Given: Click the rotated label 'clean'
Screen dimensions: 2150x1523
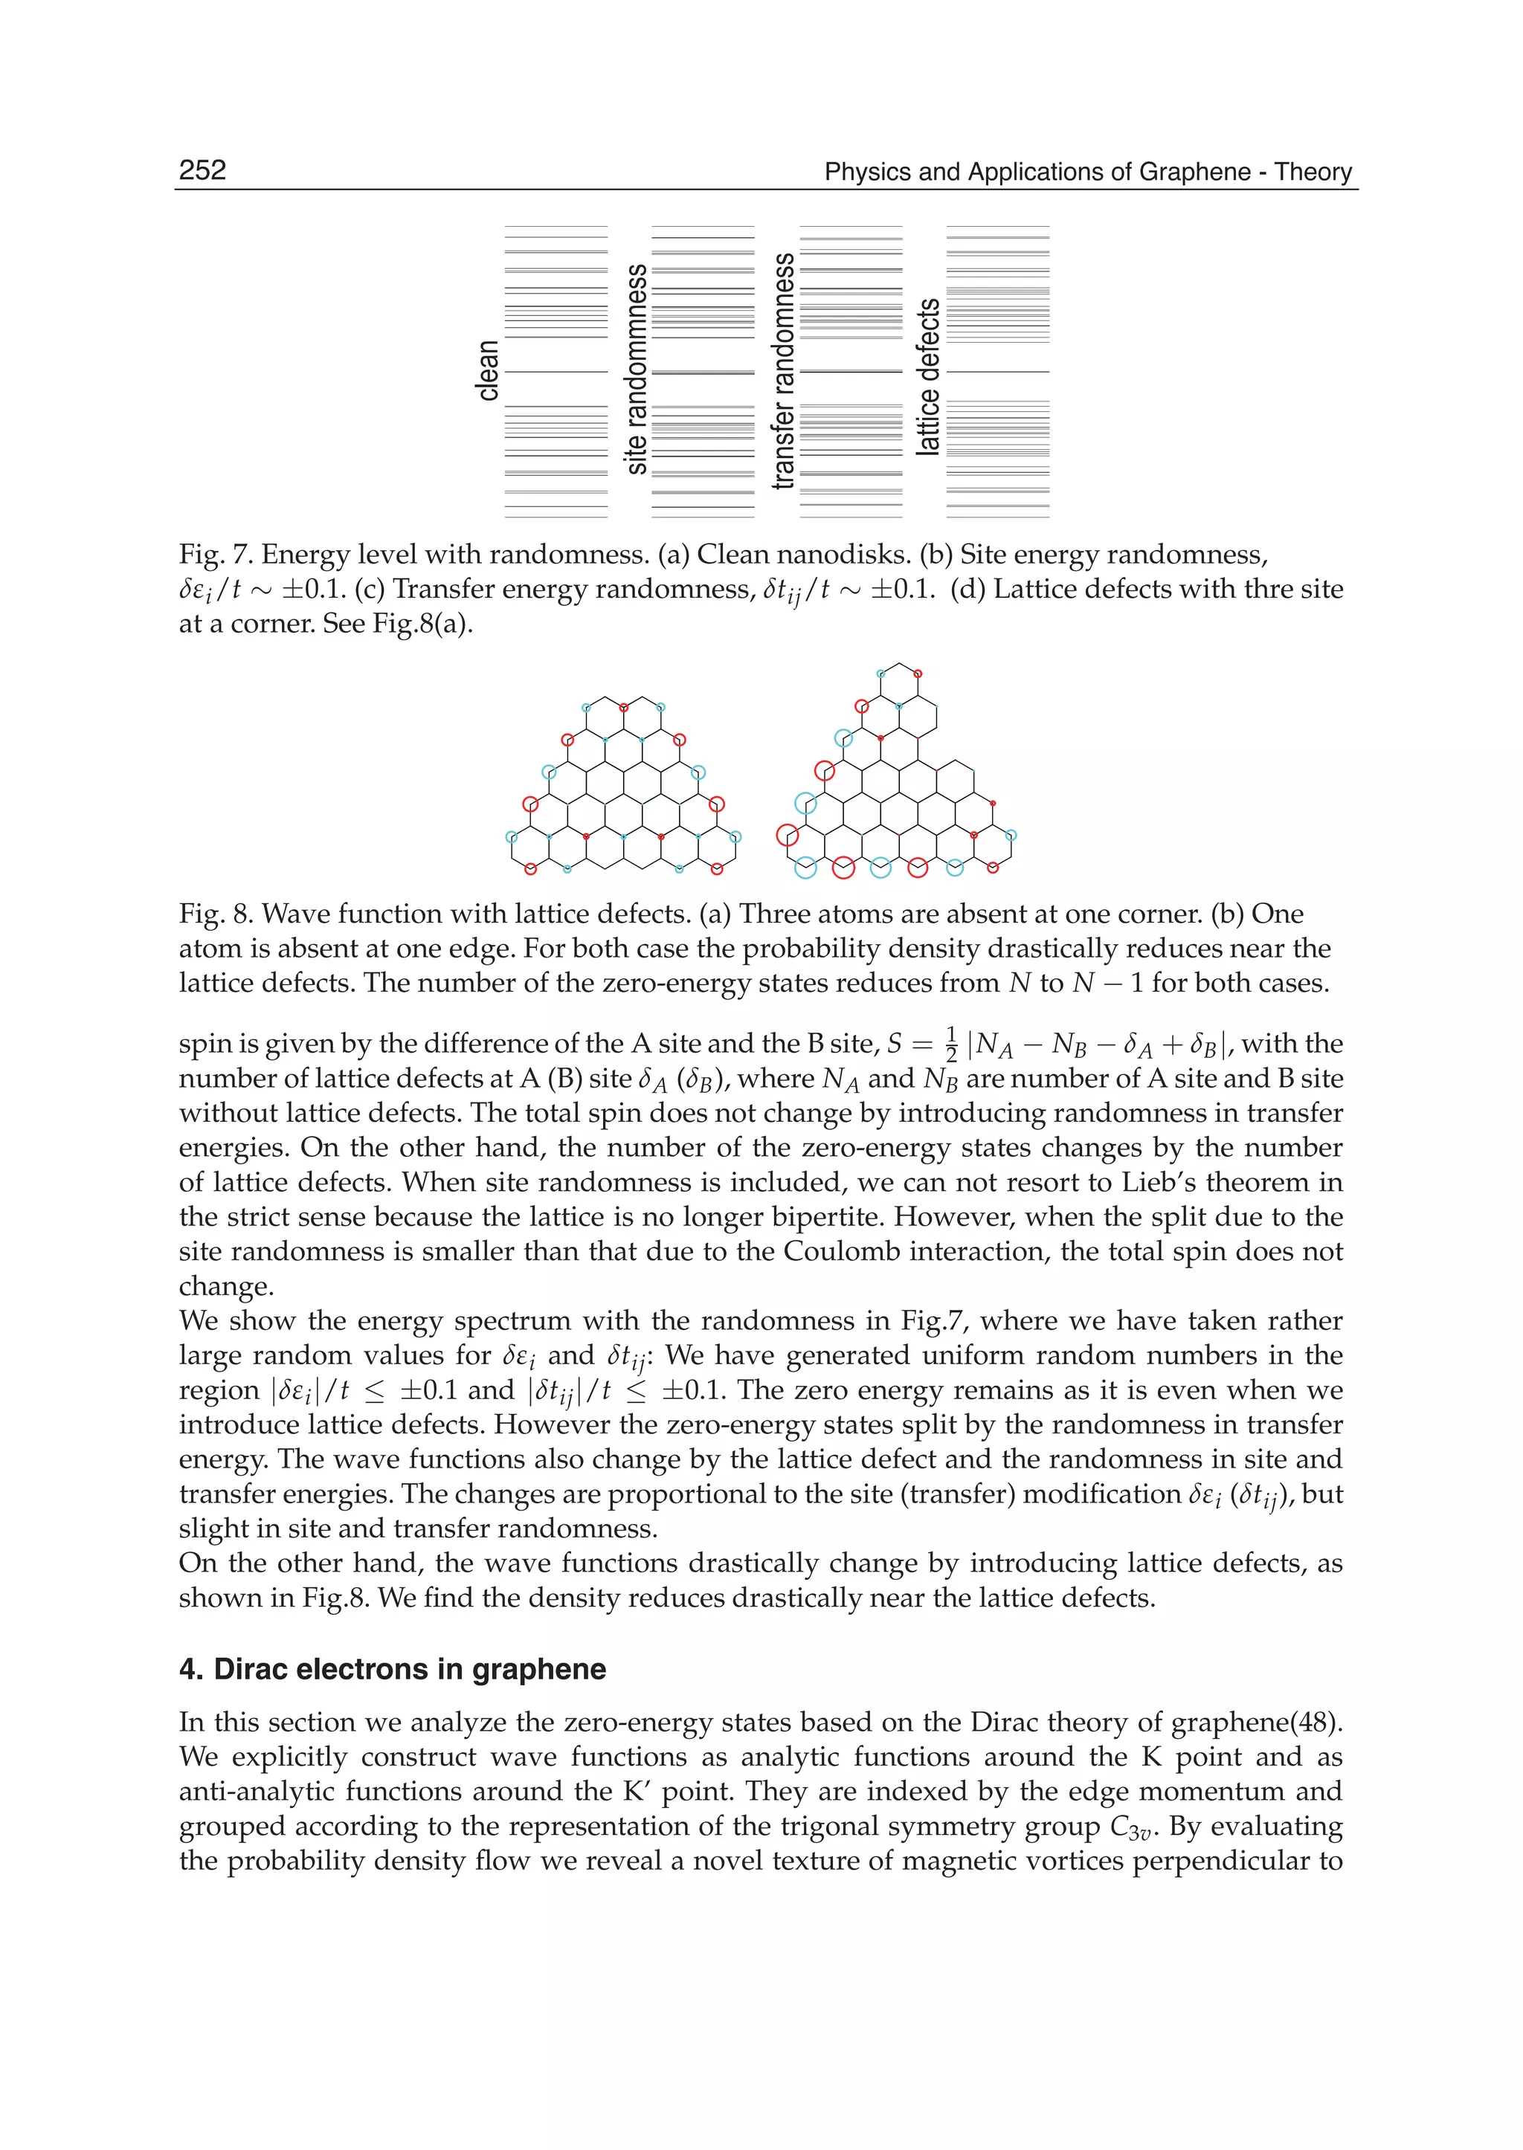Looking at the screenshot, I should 488,370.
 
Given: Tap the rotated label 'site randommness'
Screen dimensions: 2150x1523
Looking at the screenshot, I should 636,369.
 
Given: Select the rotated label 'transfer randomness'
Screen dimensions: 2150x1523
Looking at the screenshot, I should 783,370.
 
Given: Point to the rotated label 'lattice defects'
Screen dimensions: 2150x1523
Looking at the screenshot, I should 928,377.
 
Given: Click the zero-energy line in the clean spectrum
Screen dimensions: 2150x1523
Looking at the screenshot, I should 556,372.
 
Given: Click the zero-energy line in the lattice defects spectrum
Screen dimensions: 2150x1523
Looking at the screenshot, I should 998,372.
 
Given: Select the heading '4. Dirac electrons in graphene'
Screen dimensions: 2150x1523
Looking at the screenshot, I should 392,1669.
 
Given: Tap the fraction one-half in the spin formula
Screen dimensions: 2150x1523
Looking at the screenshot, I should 951,1045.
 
